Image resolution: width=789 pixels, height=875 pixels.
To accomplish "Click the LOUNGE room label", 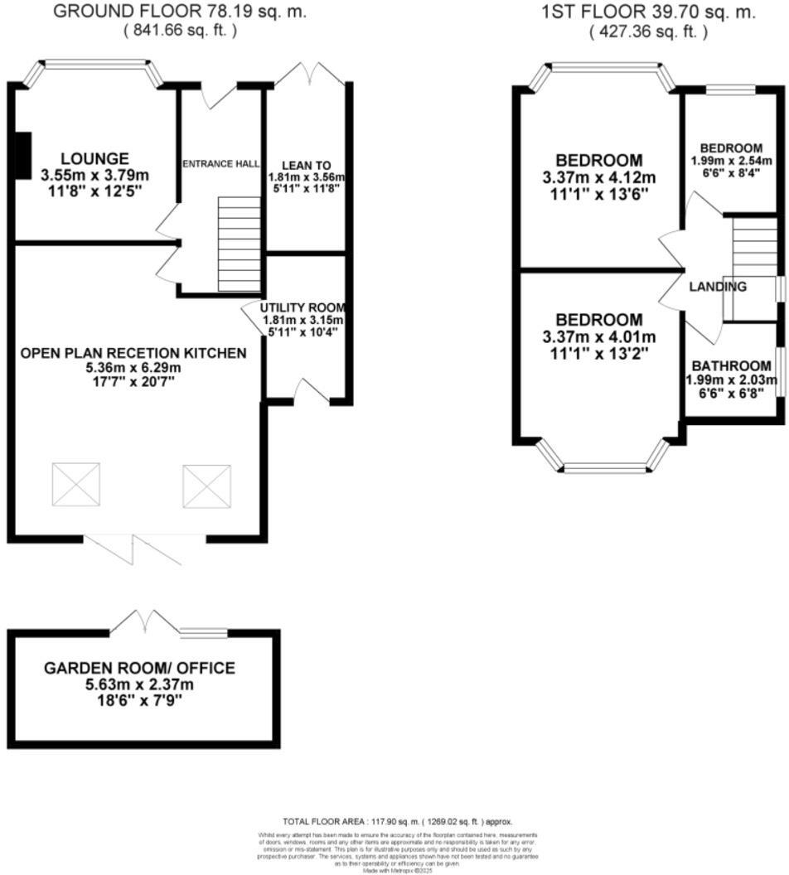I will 94,158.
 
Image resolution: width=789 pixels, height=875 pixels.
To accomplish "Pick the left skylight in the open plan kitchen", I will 76,484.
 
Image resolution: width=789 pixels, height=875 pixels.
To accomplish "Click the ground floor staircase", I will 239,244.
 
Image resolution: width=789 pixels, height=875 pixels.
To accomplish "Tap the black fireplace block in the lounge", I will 22,154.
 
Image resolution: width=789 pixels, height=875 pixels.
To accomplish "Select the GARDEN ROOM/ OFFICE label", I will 139,668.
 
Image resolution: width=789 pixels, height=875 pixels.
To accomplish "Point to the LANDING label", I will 718,287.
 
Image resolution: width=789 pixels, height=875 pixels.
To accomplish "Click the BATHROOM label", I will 731,365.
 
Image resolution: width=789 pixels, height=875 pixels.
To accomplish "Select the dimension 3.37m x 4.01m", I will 598,336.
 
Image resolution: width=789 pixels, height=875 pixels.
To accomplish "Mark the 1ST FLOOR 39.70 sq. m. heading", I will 647,12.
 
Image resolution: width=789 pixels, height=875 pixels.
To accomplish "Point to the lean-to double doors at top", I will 308,73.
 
